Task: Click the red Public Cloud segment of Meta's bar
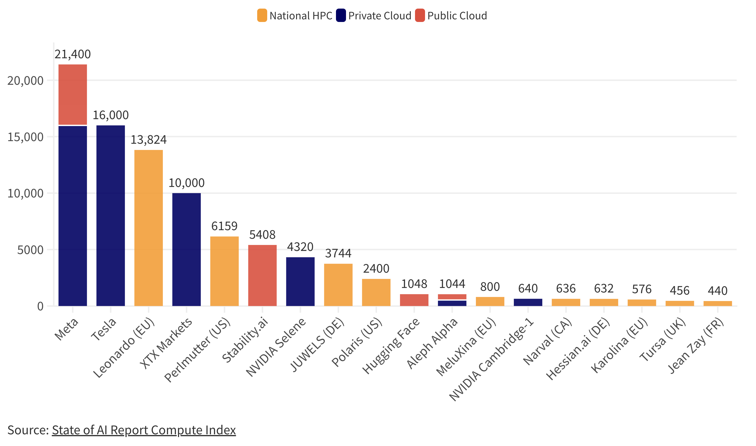click(73, 95)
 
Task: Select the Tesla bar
click(111, 216)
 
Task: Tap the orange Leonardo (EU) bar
click(149, 228)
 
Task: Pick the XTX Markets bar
click(186, 250)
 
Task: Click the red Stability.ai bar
click(262, 276)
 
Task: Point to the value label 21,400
click(73, 54)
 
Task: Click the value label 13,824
click(149, 140)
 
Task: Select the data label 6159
click(224, 226)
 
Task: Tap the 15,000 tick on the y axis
click(26, 137)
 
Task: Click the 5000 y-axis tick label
click(30, 250)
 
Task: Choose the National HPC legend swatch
click(262, 16)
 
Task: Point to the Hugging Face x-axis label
click(391, 346)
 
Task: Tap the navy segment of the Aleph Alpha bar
click(452, 303)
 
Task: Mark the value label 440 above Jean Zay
click(718, 291)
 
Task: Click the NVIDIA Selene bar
click(300, 281)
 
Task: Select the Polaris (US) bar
click(376, 292)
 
